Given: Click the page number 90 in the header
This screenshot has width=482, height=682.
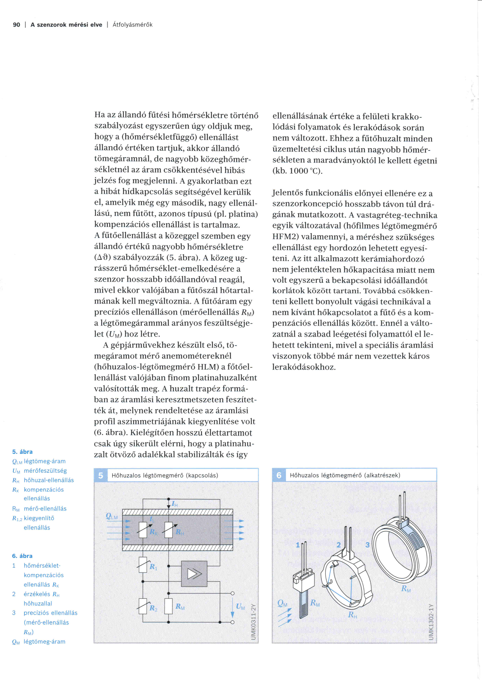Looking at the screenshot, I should click(x=17, y=25).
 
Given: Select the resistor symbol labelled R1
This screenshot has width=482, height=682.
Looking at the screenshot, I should click(x=143, y=565).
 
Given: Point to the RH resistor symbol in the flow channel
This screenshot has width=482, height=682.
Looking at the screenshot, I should click(x=169, y=530).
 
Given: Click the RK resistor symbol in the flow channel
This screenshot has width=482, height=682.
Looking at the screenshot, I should click(x=143, y=530).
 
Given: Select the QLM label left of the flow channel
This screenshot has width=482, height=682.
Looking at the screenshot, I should click(x=112, y=517).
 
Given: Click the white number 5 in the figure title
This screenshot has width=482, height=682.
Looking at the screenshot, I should click(x=101, y=475).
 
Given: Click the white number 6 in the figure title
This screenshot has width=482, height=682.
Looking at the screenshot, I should click(x=279, y=475).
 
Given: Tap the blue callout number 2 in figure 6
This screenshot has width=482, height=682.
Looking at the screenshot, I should click(x=339, y=545).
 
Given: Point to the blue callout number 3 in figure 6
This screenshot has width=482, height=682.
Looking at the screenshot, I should click(x=368, y=545).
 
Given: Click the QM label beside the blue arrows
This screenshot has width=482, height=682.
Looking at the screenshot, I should click(x=282, y=603).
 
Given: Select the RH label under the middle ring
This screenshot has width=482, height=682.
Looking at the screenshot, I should click(x=352, y=615).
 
